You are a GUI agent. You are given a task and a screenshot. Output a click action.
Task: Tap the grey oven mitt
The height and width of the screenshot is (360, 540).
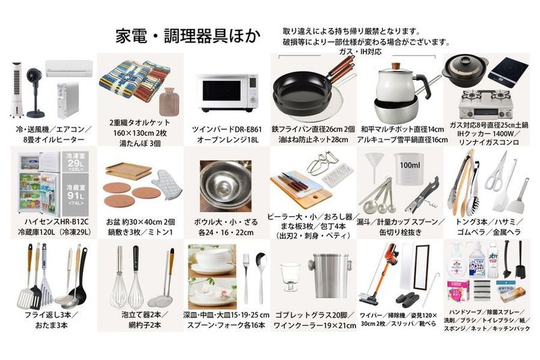pyautogui.click(x=164, y=177)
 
